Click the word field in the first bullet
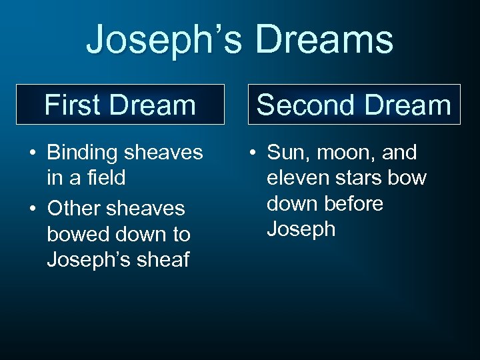pyautogui.click(x=107, y=179)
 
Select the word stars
pyautogui.click(x=363, y=179)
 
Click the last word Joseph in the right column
pyautogui.click(x=301, y=229)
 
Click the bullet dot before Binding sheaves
pyautogui.click(x=32, y=153)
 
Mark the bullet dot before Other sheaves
pyautogui.click(x=32, y=209)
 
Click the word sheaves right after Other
pyautogui.click(x=148, y=208)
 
